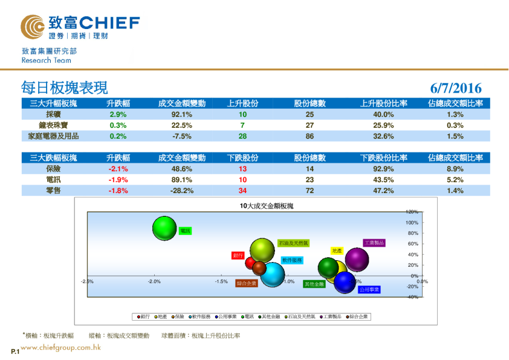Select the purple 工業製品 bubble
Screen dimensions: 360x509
click(357, 260)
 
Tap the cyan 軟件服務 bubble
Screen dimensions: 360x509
click(273, 275)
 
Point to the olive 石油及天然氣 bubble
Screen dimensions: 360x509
click(262, 250)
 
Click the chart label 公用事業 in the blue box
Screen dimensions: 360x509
click(369, 290)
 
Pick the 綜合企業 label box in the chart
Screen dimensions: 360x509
click(246, 283)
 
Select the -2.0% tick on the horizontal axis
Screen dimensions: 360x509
click(154, 281)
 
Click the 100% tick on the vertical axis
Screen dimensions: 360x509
click(412, 223)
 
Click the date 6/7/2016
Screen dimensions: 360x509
click(456, 89)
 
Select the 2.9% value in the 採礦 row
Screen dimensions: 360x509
click(118, 114)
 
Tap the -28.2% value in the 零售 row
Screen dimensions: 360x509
click(182, 191)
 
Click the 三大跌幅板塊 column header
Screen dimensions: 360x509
click(53, 158)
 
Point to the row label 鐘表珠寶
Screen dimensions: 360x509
click(53, 125)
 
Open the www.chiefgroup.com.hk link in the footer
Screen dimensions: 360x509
click(60, 348)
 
